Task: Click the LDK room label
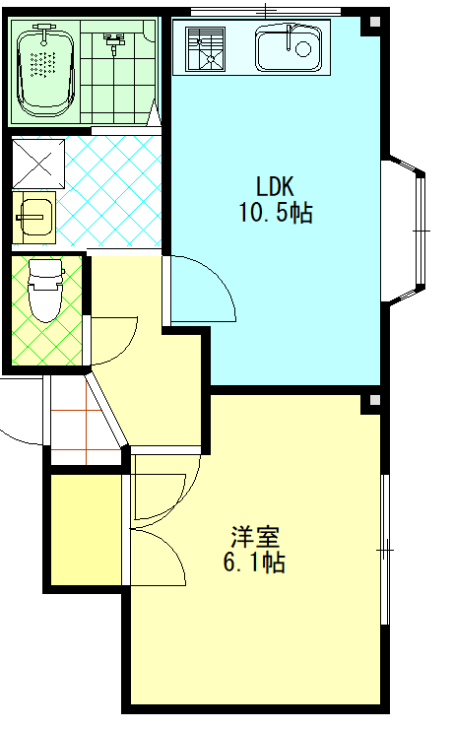pyautogui.click(x=275, y=186)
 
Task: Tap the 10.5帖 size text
pyautogui.click(x=276, y=213)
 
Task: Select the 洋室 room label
pyautogui.click(x=255, y=537)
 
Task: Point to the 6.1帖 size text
pyautogui.click(x=254, y=563)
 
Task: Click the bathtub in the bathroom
pyautogui.click(x=45, y=70)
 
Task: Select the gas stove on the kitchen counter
pyautogui.click(x=205, y=49)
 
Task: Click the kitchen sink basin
pyautogui.click(x=289, y=48)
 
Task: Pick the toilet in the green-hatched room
pyautogui.click(x=45, y=291)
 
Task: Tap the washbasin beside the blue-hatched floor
pyautogui.click(x=33, y=218)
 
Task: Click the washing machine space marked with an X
pyautogui.click(x=38, y=164)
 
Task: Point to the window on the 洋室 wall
pyautogui.click(x=385, y=550)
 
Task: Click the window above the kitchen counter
pyautogui.click(x=266, y=11)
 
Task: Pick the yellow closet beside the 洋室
pyautogui.click(x=86, y=530)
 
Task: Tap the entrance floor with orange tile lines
pyautogui.click(x=85, y=421)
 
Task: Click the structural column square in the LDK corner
pyautogui.click(x=374, y=22)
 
